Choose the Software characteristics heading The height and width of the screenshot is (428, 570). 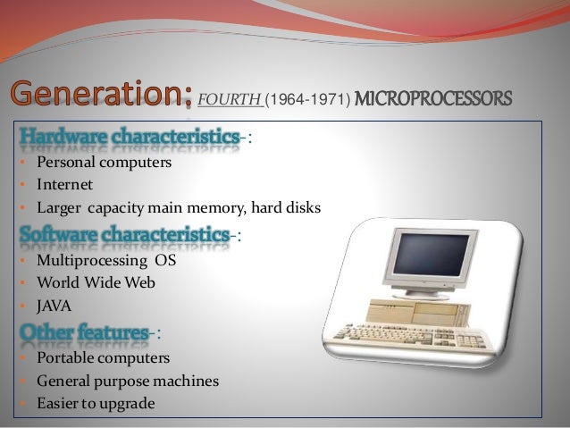(124, 234)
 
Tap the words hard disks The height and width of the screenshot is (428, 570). (289, 208)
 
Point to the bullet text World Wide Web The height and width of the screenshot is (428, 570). (96, 282)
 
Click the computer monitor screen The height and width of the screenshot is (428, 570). (432, 257)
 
